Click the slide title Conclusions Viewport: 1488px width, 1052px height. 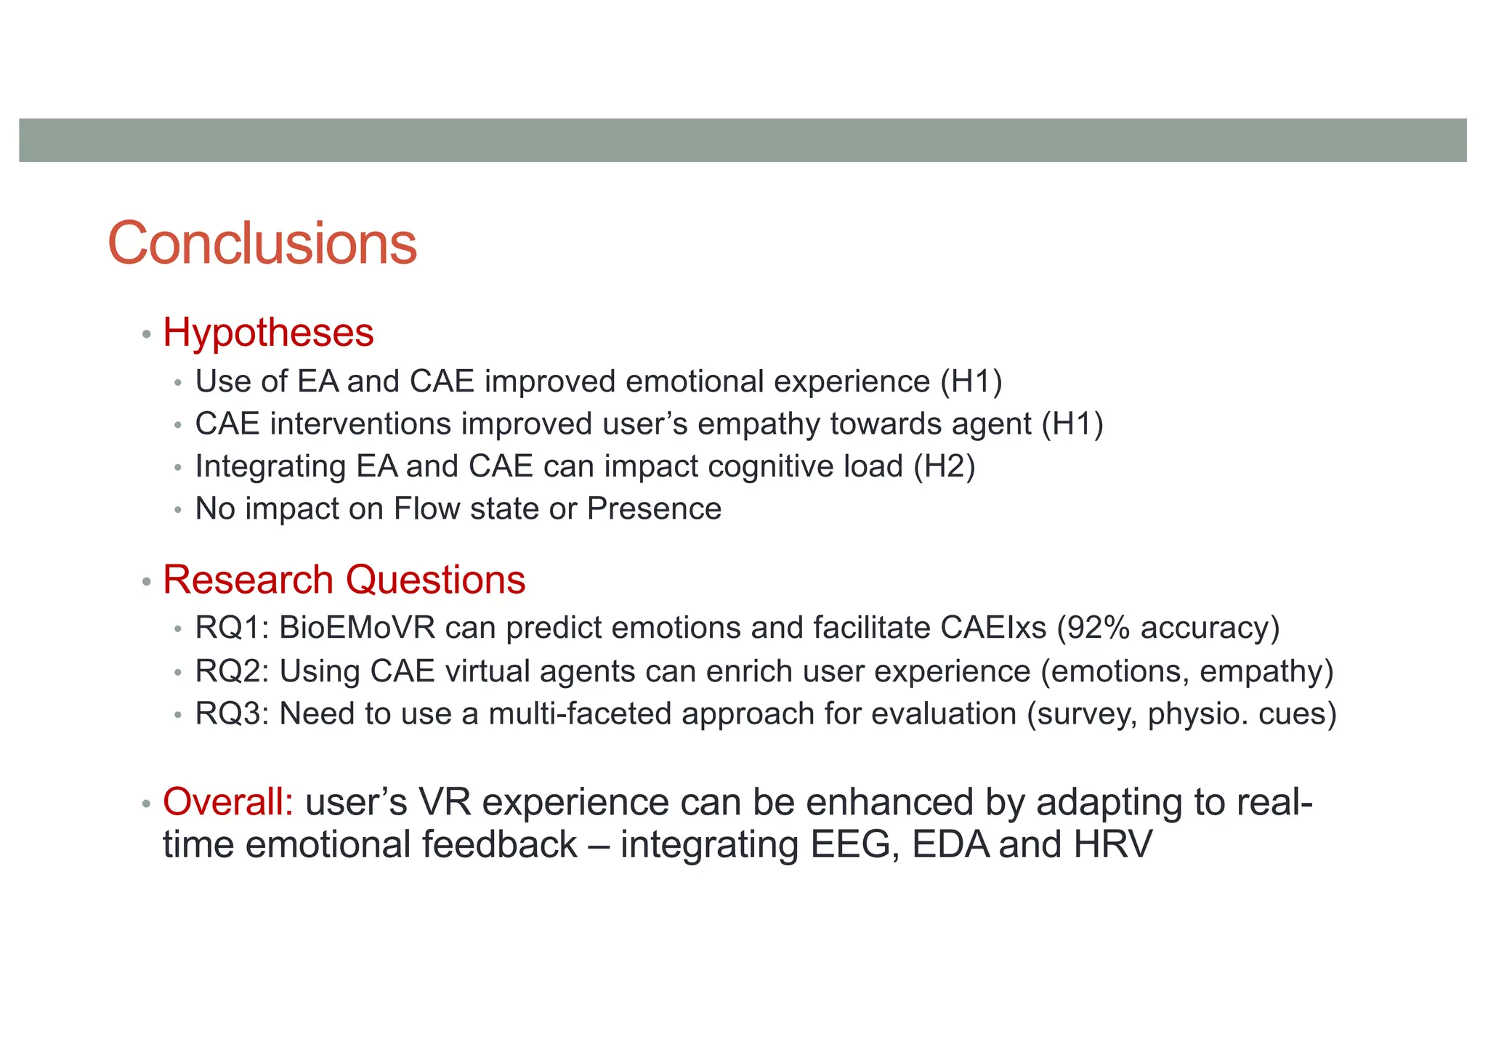[x=262, y=243]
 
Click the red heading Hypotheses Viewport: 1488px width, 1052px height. [x=268, y=333]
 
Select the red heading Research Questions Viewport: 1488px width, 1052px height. [x=344, y=580]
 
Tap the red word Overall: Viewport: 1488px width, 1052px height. [x=228, y=802]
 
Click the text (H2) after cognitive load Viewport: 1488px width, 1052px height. [x=944, y=466]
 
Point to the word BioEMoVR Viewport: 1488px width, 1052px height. [x=357, y=628]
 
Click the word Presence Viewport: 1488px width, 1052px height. [x=654, y=509]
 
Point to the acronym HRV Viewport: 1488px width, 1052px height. [x=1113, y=845]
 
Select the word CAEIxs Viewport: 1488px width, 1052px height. [x=993, y=628]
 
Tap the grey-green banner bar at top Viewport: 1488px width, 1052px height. [x=743, y=140]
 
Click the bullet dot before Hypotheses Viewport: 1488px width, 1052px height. [x=147, y=335]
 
